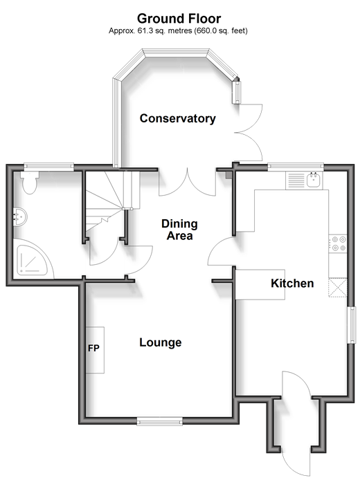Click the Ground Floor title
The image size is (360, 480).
179,19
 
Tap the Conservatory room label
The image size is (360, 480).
178,118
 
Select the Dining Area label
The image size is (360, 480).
179,230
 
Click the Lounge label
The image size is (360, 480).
160,342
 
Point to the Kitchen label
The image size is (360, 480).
292,283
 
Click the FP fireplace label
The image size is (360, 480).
93,348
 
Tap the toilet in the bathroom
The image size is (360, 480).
30,183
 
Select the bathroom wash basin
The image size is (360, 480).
20,216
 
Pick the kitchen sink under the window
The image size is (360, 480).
314,180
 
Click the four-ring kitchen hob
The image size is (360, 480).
339,243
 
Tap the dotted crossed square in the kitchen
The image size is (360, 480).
338,288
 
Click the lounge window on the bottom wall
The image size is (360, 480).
160,421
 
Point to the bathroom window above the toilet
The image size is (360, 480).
49,167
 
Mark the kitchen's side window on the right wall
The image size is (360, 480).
351,325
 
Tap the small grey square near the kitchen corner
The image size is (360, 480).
229,175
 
